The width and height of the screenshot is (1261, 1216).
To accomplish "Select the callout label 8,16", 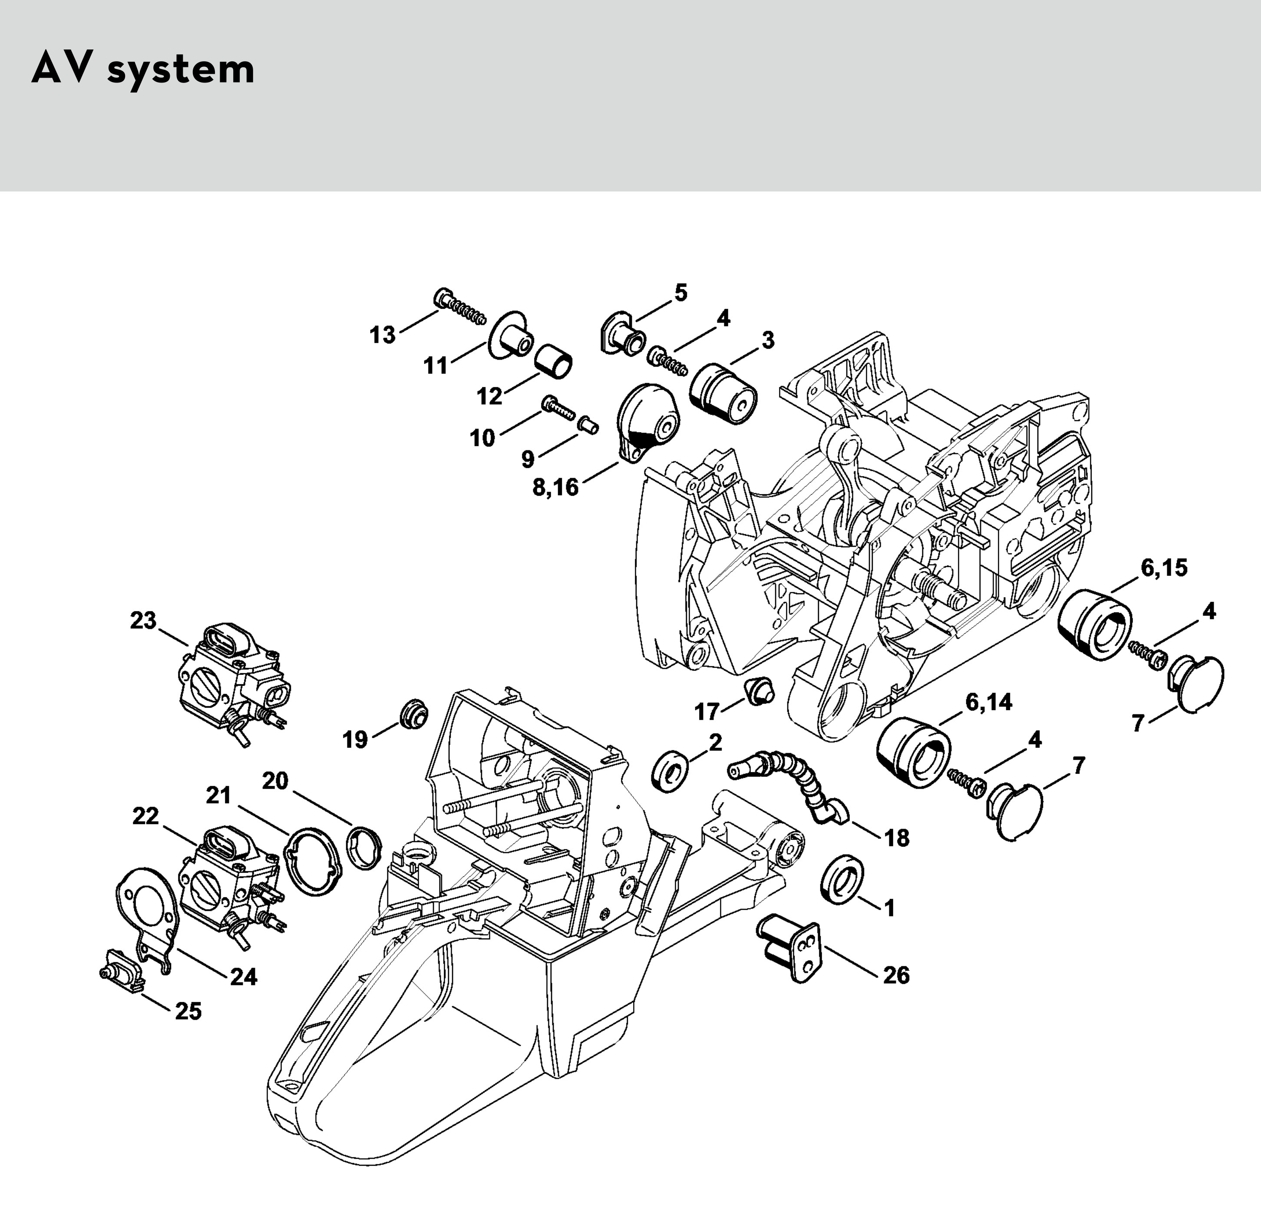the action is [556, 487].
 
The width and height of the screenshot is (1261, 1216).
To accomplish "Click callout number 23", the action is [143, 621].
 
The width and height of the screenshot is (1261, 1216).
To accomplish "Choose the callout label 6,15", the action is [1165, 568].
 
